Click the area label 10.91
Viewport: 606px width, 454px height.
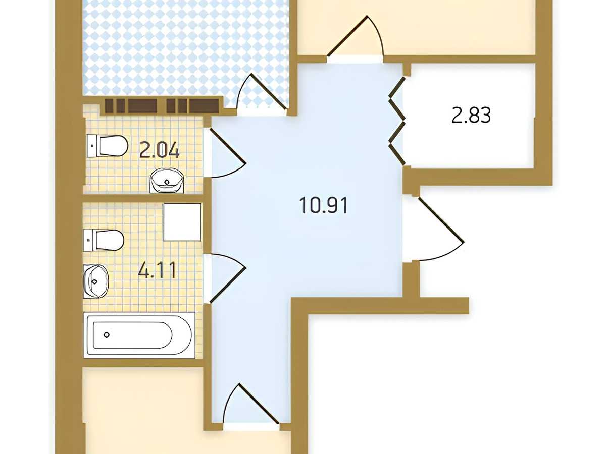pyautogui.click(x=323, y=205)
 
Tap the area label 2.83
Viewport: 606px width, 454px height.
pyautogui.click(x=471, y=115)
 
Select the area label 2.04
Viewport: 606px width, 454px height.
pyautogui.click(x=159, y=150)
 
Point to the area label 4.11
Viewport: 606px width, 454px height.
pyautogui.click(x=157, y=270)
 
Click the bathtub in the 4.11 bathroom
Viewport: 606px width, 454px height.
pyautogui.click(x=139, y=335)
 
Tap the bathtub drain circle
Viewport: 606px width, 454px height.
pyautogui.click(x=107, y=335)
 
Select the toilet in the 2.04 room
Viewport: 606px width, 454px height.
pyautogui.click(x=108, y=146)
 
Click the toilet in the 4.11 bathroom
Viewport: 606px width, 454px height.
pyautogui.click(x=104, y=240)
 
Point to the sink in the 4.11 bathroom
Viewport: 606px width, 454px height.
pyautogui.click(x=96, y=281)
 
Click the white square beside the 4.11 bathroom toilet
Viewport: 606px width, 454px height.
pyautogui.click(x=182, y=222)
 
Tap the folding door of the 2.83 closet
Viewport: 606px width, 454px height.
pyautogui.click(x=397, y=121)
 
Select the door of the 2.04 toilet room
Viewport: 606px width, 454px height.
pyautogui.click(x=228, y=152)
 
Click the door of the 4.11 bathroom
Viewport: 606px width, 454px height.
pyautogui.click(x=228, y=278)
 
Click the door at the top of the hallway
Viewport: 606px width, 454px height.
pyautogui.click(x=356, y=39)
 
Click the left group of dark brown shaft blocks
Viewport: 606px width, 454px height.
pyautogui.click(x=131, y=106)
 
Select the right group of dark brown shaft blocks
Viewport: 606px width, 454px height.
pyautogui.click(x=193, y=106)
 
